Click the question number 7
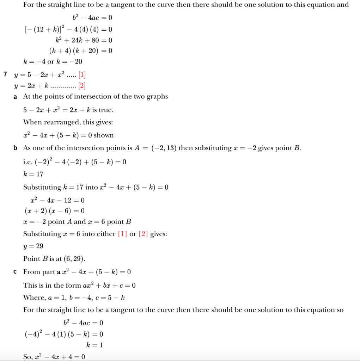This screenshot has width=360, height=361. pos(5,74)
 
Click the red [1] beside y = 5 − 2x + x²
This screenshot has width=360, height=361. pos(82,75)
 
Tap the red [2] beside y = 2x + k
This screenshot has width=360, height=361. pos(82,86)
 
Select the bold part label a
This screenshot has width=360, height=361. pos(15,97)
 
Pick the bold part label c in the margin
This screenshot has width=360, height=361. pos(15,272)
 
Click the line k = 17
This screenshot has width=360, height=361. pos(33,174)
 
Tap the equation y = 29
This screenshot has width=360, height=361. pos(33,246)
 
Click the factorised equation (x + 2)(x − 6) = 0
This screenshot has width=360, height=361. pos(54,211)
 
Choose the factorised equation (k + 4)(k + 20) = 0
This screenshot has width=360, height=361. pos(81,51)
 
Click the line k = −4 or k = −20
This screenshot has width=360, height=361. pos(53,62)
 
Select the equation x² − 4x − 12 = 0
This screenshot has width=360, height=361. pos(58,200)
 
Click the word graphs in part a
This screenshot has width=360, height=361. pos(157,97)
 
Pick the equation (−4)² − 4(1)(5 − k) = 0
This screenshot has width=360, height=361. pos(63,334)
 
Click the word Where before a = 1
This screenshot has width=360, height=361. pos(33,298)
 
